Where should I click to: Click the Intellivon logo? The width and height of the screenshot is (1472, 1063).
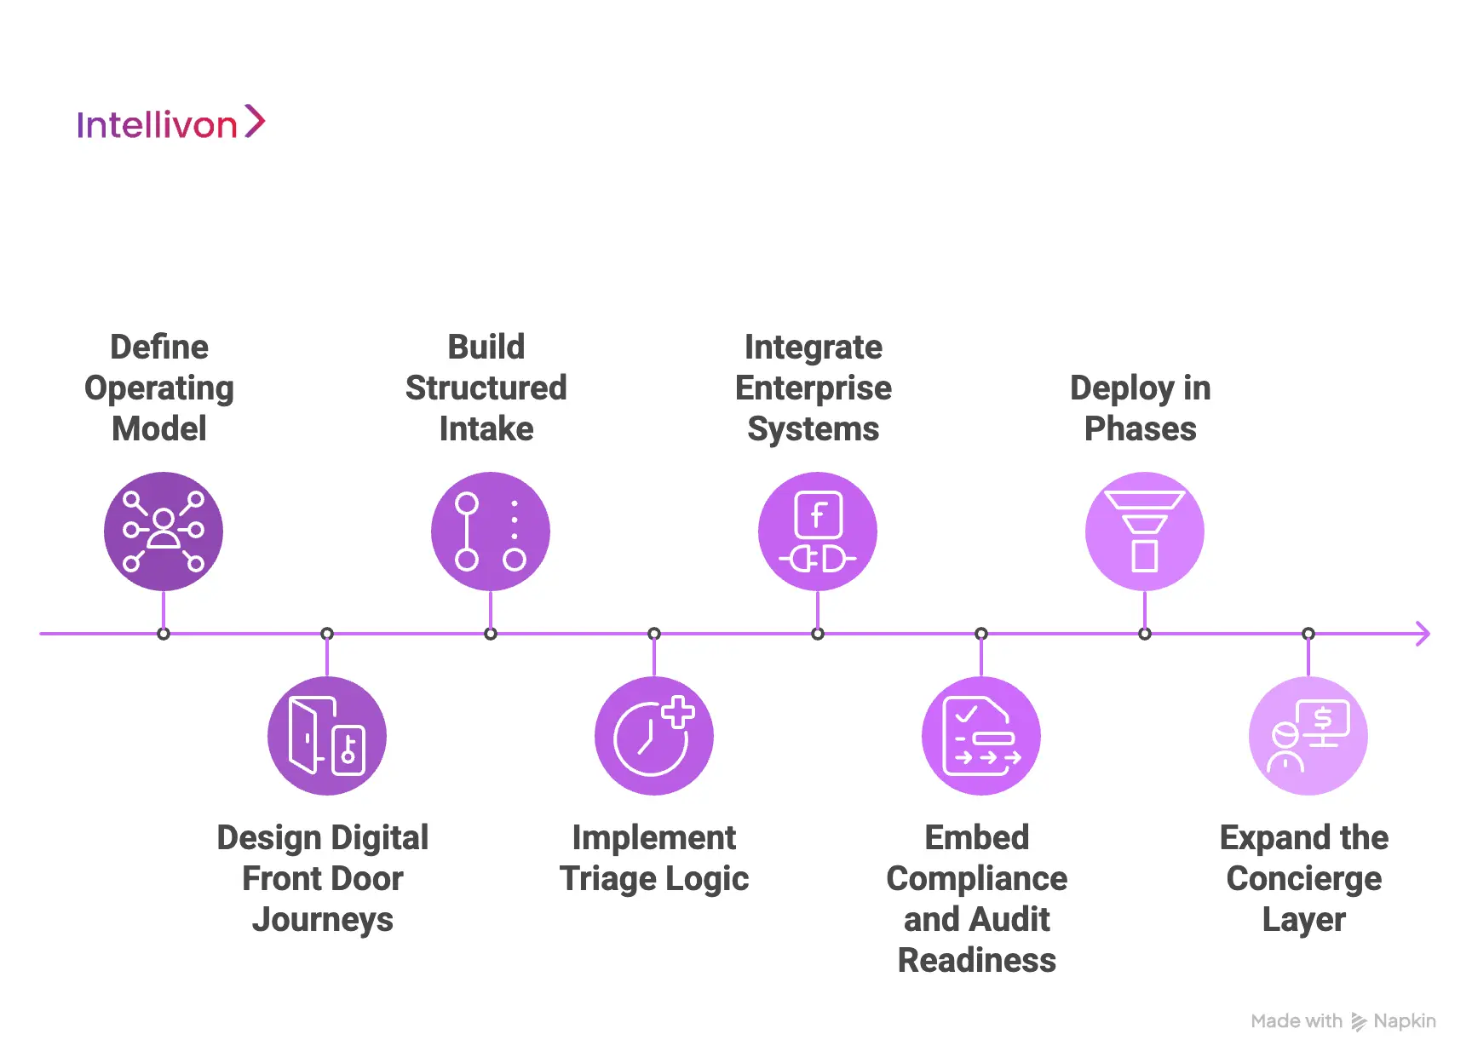(x=171, y=123)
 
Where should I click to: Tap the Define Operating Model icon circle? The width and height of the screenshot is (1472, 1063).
(x=164, y=531)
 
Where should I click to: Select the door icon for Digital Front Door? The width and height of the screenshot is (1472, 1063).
(x=327, y=736)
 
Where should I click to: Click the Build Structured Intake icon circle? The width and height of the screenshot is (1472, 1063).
(x=491, y=531)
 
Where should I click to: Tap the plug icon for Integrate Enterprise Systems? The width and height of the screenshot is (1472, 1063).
(x=818, y=531)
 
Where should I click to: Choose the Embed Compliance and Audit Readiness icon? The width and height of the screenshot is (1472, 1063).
(x=981, y=736)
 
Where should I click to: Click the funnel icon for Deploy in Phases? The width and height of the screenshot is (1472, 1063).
(x=1145, y=531)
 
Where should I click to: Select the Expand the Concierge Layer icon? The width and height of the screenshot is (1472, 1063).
(x=1308, y=736)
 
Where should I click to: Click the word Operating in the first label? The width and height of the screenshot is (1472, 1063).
(x=159, y=389)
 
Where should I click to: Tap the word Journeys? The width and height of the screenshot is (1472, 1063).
(x=323, y=921)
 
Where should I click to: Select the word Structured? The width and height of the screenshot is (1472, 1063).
(x=486, y=388)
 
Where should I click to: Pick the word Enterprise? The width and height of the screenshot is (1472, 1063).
(x=814, y=389)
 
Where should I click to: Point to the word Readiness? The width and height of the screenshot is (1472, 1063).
(x=977, y=960)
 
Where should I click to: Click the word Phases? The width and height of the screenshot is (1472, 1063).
(x=1141, y=428)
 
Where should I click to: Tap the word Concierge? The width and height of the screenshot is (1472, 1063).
(x=1304, y=880)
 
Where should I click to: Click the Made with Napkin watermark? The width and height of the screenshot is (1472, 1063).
(x=1343, y=1021)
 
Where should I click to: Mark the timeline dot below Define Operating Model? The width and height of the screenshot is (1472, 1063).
(x=164, y=634)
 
